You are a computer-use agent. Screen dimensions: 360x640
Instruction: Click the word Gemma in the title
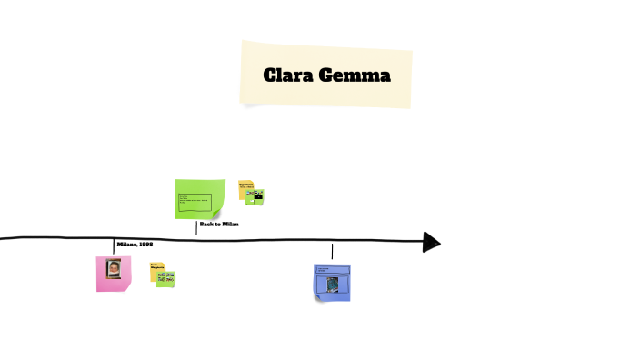click(x=356, y=75)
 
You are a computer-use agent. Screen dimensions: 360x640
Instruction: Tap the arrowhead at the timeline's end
click(x=432, y=242)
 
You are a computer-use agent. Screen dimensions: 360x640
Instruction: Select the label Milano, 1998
click(x=135, y=245)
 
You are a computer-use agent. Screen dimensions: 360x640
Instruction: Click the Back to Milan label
click(x=219, y=224)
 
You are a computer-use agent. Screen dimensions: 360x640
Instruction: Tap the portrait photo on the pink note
click(x=114, y=269)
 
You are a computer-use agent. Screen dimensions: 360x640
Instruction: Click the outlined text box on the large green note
click(x=195, y=202)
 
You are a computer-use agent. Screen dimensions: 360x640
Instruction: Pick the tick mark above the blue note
click(x=332, y=251)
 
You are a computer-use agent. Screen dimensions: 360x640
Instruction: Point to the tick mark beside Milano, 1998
click(x=114, y=245)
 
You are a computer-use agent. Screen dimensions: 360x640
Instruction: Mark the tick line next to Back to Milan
click(x=196, y=227)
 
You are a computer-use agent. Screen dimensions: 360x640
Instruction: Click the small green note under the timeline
click(x=166, y=279)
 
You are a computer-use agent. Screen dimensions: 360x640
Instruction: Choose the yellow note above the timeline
click(x=244, y=187)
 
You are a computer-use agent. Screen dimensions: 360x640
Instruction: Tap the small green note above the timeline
click(x=255, y=197)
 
